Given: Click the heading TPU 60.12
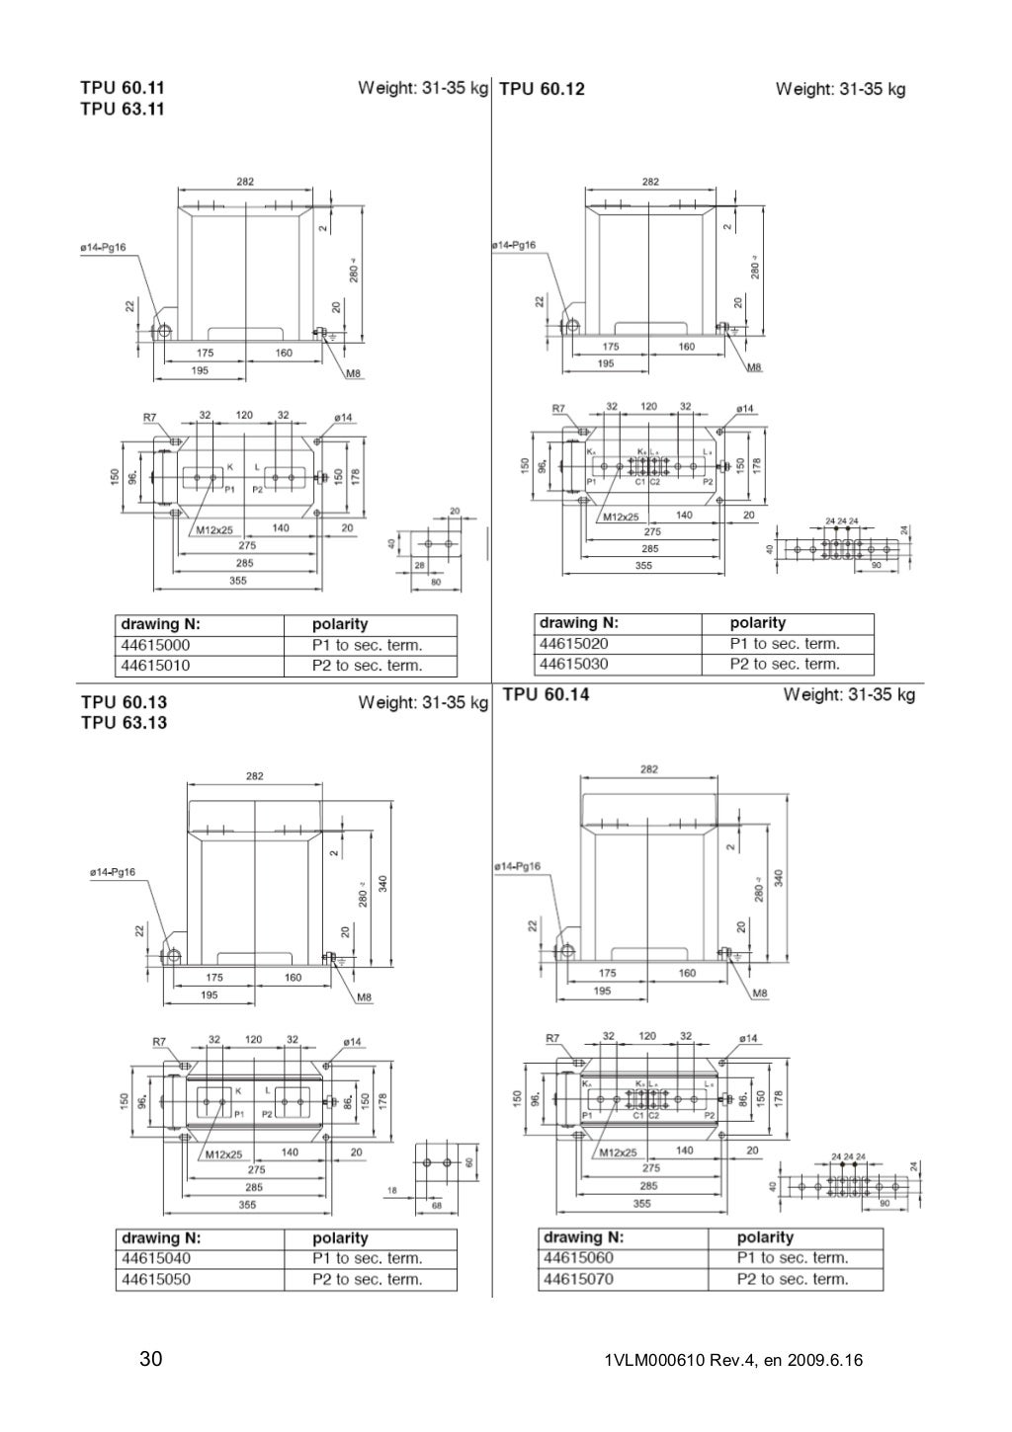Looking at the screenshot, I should (x=542, y=89).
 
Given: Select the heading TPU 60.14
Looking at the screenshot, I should (x=546, y=694).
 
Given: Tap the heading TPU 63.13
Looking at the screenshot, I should (x=124, y=723).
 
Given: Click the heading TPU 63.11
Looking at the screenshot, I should (x=123, y=110).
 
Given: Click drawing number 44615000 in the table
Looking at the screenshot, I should (x=155, y=645).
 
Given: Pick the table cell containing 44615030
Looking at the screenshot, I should (x=573, y=664).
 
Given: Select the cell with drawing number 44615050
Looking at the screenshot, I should (x=156, y=1279).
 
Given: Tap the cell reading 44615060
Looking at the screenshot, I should (x=578, y=1257).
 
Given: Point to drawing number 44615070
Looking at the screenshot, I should (x=578, y=1279).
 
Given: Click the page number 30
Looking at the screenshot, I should (x=151, y=1360).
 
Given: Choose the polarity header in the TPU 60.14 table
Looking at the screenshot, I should (x=765, y=1236).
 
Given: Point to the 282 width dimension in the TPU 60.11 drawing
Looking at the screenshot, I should (x=244, y=182).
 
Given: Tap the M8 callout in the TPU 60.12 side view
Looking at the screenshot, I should (x=754, y=367).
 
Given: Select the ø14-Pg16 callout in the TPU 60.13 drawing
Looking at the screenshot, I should (x=113, y=872).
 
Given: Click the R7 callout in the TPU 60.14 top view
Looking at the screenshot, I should (x=553, y=1038).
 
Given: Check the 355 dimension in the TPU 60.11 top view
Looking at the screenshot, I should (x=238, y=581).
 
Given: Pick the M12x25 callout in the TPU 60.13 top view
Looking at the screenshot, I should (x=223, y=1154).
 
